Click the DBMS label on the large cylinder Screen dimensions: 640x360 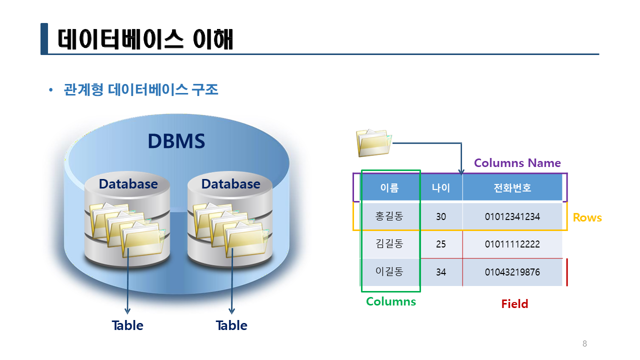pos(176,141)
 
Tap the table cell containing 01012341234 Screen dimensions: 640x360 pos(512,216)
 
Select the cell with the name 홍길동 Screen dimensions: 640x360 pos(389,216)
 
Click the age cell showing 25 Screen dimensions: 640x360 pos(441,244)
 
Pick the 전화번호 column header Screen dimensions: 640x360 pos(512,187)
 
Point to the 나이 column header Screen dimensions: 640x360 pos(441,187)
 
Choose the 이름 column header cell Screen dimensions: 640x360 pos(389,187)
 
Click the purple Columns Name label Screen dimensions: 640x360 pos(517,163)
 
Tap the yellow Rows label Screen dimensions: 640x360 pos(587,217)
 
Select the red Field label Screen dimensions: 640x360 pos(515,303)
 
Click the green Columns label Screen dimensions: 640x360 pos(391,301)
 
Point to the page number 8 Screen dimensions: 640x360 pos(584,343)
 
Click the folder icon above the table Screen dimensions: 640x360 pos(373,143)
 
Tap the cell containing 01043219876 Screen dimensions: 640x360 pos(512,272)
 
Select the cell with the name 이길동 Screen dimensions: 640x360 pos(389,271)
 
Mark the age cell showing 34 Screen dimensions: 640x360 pos(441,272)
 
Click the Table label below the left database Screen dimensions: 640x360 pos(127,325)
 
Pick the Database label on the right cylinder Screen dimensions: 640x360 pos(231,184)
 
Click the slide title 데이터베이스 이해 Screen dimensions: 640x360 pos(145,39)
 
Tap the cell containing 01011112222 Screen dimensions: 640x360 pos(512,244)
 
